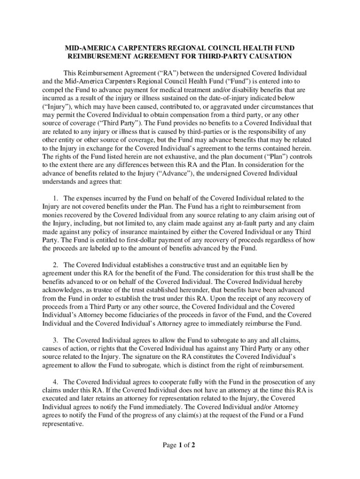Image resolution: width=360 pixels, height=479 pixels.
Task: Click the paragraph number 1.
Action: coord(57,198)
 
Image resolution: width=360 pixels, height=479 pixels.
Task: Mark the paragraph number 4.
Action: coord(57,382)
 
